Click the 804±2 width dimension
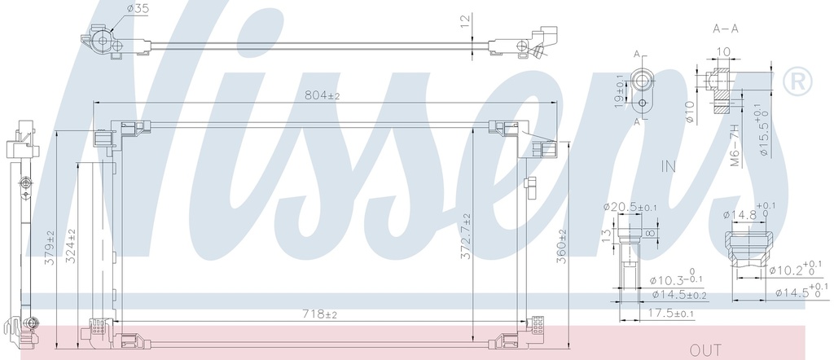322,96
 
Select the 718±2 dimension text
319,314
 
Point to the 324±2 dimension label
71,247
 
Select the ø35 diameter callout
138,8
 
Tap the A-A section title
726,29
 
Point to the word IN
669,166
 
